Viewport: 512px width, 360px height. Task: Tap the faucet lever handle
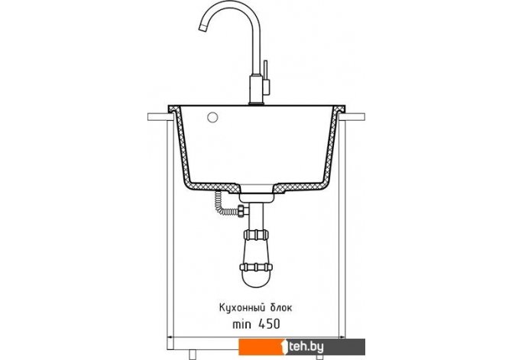[266, 70]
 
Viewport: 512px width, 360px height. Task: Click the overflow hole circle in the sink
[213, 117]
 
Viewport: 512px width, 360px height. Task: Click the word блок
[281, 308]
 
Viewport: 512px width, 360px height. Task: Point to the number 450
[269, 324]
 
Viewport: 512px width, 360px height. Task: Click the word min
[242, 324]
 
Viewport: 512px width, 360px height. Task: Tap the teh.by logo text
[306, 346]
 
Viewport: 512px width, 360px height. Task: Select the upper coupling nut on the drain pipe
[256, 235]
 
